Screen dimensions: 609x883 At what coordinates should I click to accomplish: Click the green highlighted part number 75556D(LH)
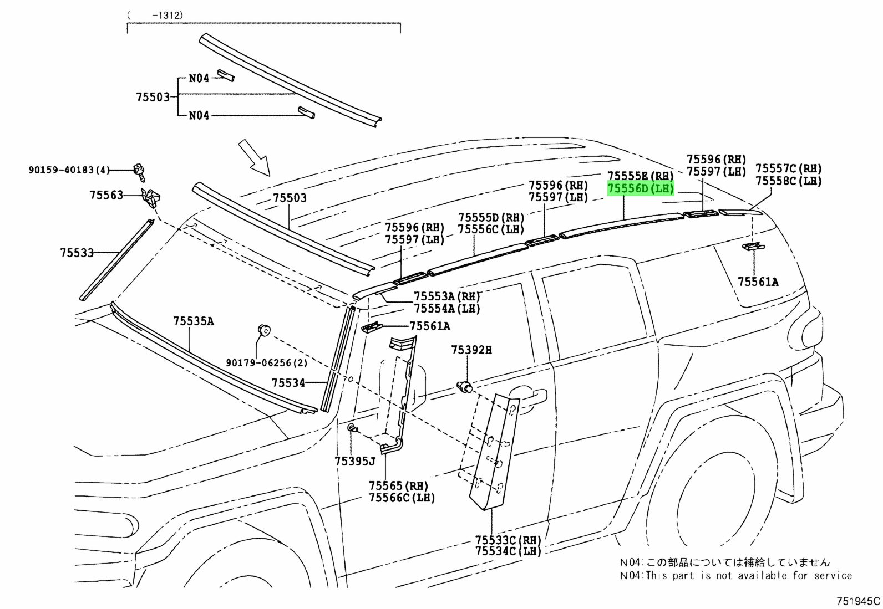click(641, 189)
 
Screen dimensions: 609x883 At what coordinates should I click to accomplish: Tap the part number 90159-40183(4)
click(69, 171)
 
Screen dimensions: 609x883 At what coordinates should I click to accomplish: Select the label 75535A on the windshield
click(193, 321)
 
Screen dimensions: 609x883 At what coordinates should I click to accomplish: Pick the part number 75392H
click(471, 350)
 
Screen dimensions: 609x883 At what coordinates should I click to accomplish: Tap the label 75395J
click(355, 461)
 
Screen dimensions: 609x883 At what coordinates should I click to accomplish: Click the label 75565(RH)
click(398, 486)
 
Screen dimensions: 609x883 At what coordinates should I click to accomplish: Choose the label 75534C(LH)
click(508, 551)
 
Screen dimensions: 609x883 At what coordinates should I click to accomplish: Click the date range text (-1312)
click(155, 16)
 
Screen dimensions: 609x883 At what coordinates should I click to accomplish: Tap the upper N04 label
click(199, 78)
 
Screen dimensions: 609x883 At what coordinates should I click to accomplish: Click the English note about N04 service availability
click(735, 575)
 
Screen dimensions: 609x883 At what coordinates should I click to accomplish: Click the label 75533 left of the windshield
click(77, 253)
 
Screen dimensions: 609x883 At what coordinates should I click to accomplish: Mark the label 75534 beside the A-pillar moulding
click(288, 383)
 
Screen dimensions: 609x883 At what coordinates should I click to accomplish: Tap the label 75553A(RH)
click(447, 296)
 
